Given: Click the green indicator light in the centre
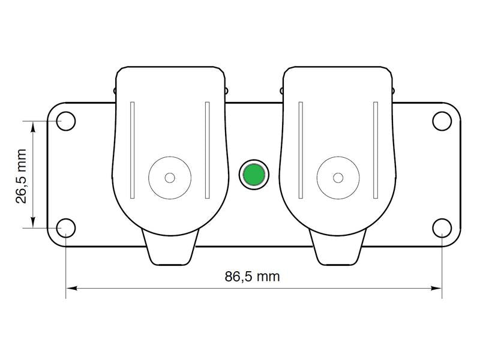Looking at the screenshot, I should click(x=254, y=175).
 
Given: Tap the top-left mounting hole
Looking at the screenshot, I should click(x=65, y=121).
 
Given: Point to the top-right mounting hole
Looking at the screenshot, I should click(x=442, y=121).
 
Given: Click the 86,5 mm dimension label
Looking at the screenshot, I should click(x=252, y=277).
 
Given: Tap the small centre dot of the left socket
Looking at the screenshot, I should click(x=170, y=178).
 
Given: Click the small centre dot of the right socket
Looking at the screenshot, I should click(x=338, y=178).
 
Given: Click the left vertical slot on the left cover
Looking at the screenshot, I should click(x=133, y=150).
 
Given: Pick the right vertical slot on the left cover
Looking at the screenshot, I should click(x=207, y=150).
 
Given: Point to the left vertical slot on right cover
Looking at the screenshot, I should click(x=301, y=150).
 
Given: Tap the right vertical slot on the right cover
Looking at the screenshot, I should click(x=376, y=150).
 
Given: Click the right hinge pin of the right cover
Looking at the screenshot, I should click(x=394, y=91).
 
